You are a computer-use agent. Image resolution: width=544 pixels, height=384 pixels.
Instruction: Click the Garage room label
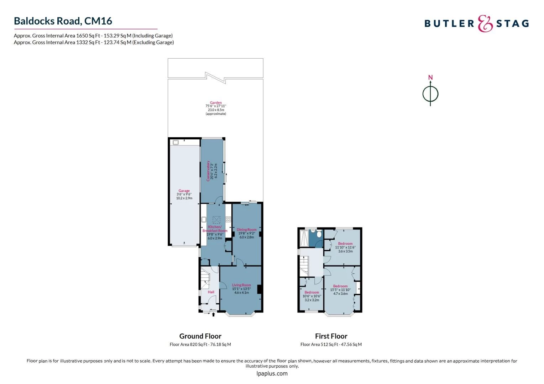tap(184, 191)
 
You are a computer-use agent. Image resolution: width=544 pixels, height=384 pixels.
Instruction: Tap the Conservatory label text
tap(208, 171)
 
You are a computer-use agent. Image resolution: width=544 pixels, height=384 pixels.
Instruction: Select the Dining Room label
tap(246, 229)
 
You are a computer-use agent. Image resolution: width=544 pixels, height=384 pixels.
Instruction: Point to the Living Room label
tap(241, 285)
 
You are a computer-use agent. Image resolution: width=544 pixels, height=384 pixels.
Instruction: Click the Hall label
tap(211, 292)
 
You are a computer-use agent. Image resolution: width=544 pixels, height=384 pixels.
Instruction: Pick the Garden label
tap(216, 103)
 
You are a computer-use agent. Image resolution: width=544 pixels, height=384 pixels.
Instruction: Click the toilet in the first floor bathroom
tap(319, 234)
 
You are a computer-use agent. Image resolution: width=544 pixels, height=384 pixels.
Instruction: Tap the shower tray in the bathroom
tap(304, 238)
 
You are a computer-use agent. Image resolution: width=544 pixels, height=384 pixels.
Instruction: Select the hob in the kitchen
tap(228, 219)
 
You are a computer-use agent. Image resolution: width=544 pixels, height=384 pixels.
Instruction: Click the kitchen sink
tap(204, 219)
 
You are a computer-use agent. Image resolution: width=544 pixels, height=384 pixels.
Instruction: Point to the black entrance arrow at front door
tap(214, 314)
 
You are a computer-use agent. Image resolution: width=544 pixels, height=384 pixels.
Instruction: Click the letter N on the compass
tap(430, 78)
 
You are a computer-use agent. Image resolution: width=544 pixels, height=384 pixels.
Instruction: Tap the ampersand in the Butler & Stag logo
tap(485, 23)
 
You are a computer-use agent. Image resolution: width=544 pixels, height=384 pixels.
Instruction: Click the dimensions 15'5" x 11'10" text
tap(340, 290)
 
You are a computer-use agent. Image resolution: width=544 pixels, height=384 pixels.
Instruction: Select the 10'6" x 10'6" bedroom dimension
tap(312, 296)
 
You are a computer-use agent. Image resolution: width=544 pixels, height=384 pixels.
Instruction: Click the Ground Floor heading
tap(200, 336)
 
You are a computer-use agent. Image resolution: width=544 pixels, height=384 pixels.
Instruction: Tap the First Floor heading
tap(331, 336)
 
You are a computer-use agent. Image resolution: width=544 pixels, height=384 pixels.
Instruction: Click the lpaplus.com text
tap(272, 374)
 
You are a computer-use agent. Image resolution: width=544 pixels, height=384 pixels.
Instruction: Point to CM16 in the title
tap(98, 21)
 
